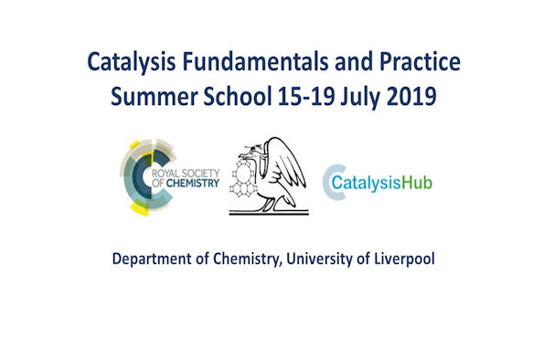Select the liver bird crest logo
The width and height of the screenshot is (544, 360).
click(x=268, y=175)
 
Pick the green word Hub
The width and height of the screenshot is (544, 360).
click(x=417, y=181)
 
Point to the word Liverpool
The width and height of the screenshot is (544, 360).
click(x=401, y=259)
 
